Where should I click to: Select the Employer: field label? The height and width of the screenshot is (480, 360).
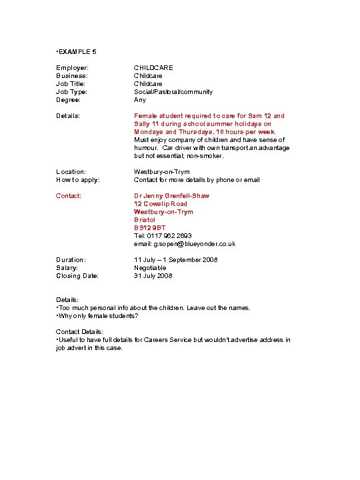tap(72, 68)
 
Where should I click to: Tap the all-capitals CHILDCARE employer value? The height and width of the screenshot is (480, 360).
tap(153, 68)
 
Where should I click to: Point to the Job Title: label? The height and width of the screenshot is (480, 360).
tap(71, 84)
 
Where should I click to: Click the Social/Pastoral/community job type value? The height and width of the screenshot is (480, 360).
tap(173, 92)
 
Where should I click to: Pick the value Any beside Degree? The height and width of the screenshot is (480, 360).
tap(140, 100)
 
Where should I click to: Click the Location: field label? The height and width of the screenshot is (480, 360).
tap(71, 172)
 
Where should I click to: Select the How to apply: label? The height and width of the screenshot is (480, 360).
tap(77, 180)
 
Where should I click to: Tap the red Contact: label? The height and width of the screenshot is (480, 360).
tap(69, 196)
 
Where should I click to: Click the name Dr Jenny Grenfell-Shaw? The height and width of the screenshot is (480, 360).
tap(171, 196)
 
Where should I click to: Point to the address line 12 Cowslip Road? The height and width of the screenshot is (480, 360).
tap(161, 204)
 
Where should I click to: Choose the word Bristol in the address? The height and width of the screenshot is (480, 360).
tap(145, 220)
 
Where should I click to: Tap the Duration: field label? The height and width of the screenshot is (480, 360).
tap(71, 260)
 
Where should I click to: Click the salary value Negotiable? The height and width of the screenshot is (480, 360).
tap(150, 268)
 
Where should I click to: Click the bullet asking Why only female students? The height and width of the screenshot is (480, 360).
tap(97, 316)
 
